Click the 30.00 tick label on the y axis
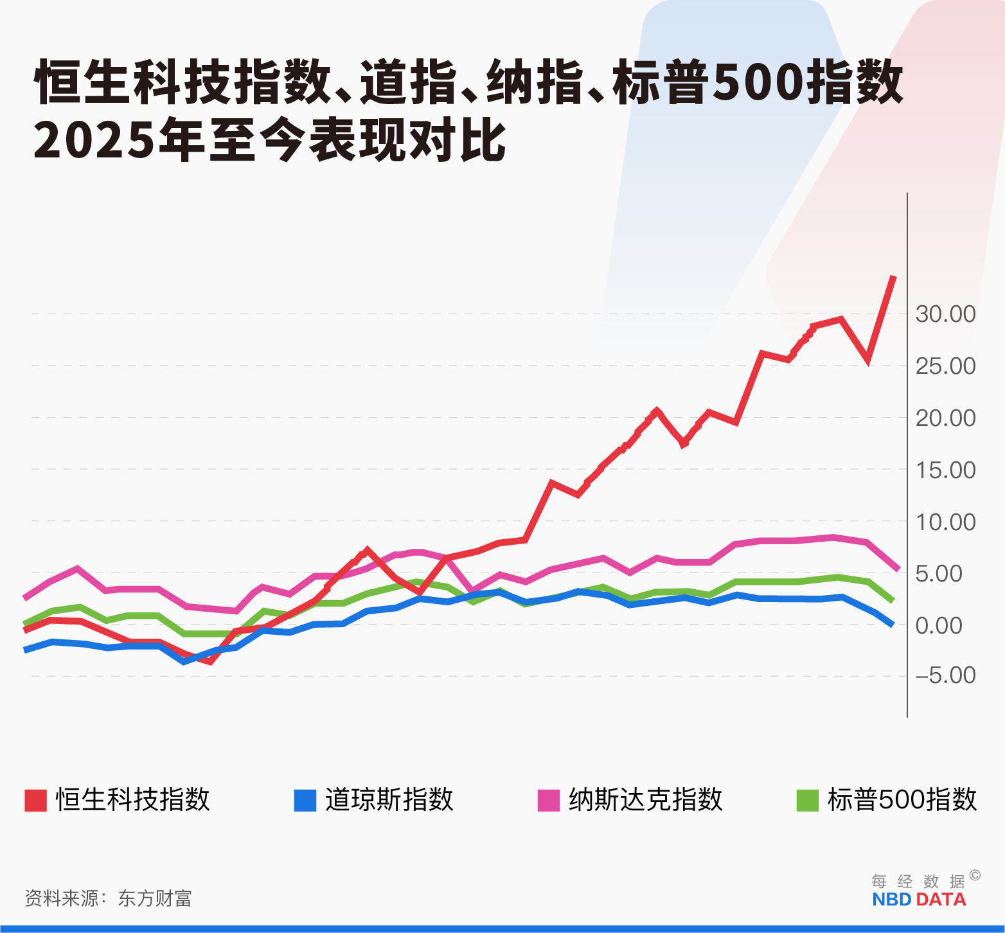point(945,314)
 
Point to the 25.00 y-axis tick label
point(945,366)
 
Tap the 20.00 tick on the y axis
point(945,418)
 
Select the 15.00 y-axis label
point(945,470)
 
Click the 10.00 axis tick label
point(945,522)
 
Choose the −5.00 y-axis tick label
point(945,675)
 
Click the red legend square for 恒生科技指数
point(36,801)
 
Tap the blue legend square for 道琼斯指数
point(305,801)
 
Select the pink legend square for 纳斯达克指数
point(548,801)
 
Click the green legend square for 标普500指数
point(807,801)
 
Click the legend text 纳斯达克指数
point(645,800)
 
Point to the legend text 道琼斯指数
point(389,800)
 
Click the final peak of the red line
point(893,277)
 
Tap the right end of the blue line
point(892,624)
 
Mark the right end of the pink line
point(898,569)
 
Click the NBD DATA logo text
point(919,900)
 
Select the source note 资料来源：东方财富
point(108,898)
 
